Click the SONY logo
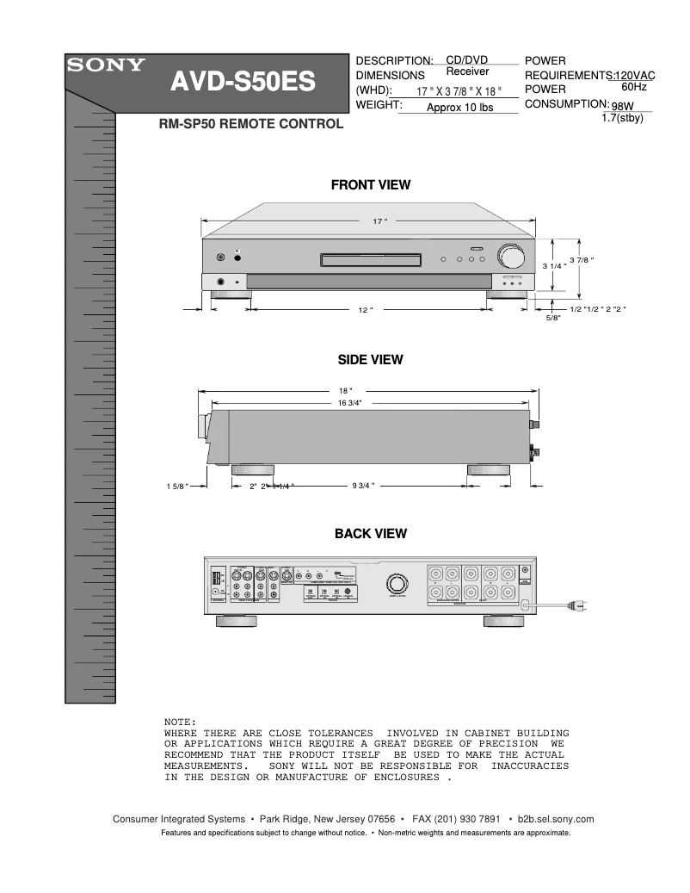(107, 65)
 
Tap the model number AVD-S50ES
(242, 83)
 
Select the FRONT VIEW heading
(371, 184)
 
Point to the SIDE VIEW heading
(370, 359)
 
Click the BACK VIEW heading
(370, 534)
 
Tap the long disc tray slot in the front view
(371, 258)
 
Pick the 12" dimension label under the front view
(365, 310)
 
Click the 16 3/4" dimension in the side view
(349, 402)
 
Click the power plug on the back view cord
(582, 607)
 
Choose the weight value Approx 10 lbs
(459, 108)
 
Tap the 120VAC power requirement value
(635, 76)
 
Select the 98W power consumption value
(622, 106)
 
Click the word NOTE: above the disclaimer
(180, 722)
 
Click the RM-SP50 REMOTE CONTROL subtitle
(251, 124)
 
